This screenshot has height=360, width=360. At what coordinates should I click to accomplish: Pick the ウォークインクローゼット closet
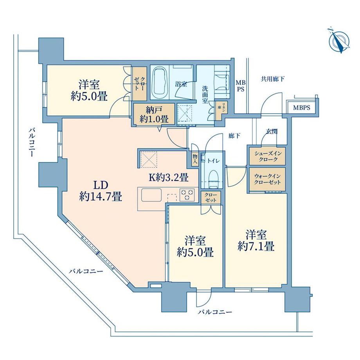pyautogui.click(x=267, y=178)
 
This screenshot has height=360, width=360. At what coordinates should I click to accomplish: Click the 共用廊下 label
pyautogui.click(x=272, y=79)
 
